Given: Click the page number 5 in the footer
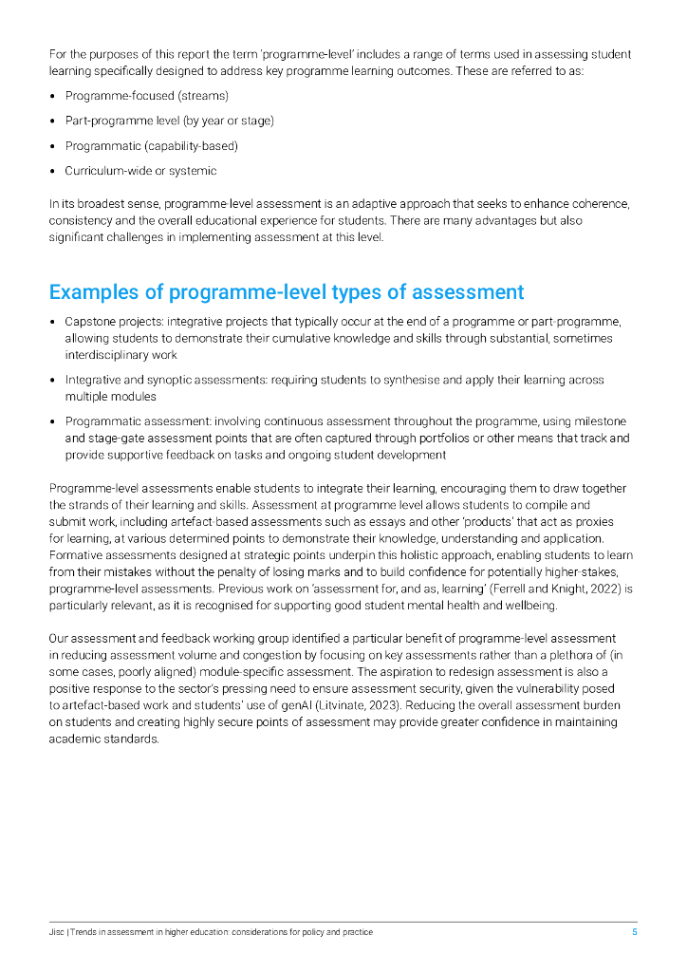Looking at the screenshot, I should pyautogui.click(x=635, y=932).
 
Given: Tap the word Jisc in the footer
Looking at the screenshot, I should pyautogui.click(x=57, y=932).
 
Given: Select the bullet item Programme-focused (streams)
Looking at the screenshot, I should pyautogui.click(x=146, y=96).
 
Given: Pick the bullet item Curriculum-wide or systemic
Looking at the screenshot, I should pyautogui.click(x=140, y=171).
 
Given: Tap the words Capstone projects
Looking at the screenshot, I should pyautogui.click(x=108, y=322).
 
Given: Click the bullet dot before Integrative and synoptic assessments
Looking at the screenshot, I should pyautogui.click(x=53, y=381).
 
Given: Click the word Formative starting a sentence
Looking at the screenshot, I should pyautogui.click(x=75, y=555).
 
